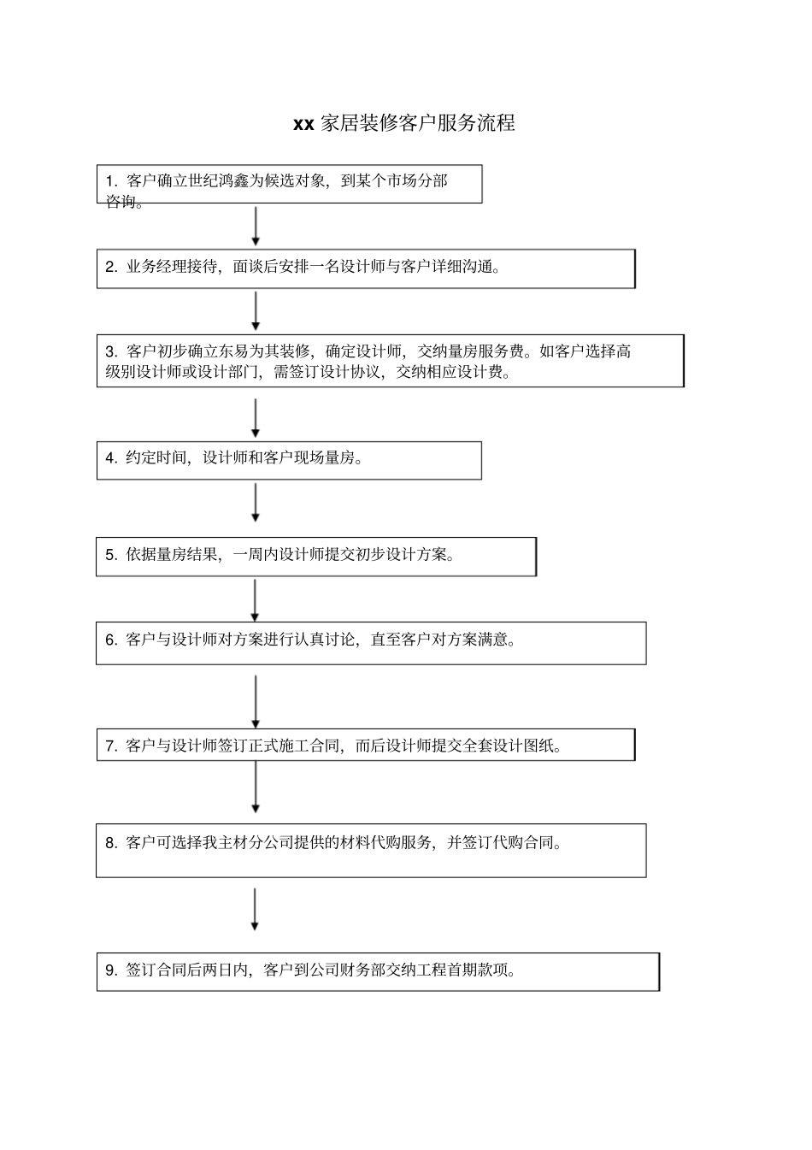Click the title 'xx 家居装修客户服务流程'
click(x=403, y=123)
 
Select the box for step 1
click(x=289, y=184)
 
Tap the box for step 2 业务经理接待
click(x=366, y=268)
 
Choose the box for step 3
click(x=390, y=361)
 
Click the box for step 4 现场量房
click(x=289, y=460)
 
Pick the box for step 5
click(x=315, y=557)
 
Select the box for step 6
click(x=371, y=643)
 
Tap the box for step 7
click(x=366, y=745)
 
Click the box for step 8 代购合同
click(x=371, y=851)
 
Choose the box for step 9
click(x=378, y=972)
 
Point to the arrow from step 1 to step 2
click(x=256, y=227)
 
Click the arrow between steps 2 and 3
click(x=256, y=311)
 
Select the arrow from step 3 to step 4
click(x=256, y=418)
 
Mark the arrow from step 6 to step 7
click(x=256, y=701)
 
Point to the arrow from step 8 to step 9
click(x=255, y=910)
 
